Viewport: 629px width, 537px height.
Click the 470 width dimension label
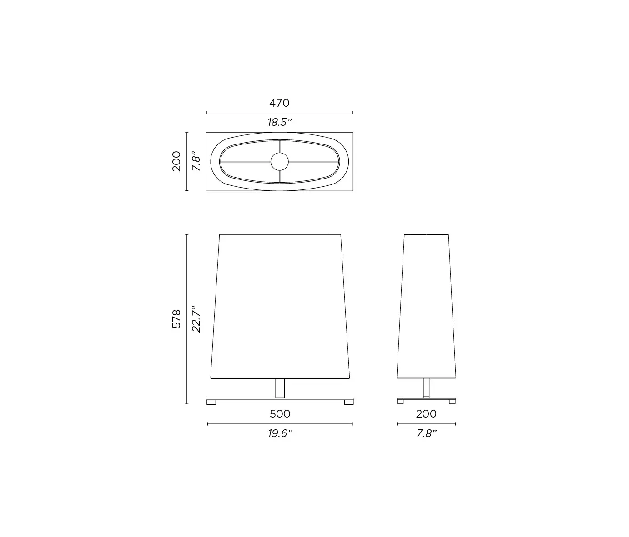[x=279, y=103]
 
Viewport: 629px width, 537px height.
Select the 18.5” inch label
[x=279, y=122]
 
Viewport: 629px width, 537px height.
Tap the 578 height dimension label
[x=176, y=318]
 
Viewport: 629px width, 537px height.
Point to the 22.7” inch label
[x=196, y=318]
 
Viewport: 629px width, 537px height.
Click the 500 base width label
[x=280, y=414]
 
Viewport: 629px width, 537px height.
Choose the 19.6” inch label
[x=280, y=433]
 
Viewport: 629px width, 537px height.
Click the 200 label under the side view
[x=426, y=414]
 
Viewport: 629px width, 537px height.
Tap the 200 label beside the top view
[x=176, y=161]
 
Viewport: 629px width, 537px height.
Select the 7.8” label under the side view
[x=426, y=433]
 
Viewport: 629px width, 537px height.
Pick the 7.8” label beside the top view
[x=196, y=161]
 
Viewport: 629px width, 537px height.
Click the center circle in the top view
[x=279, y=161]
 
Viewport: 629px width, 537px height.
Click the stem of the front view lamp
[x=280, y=388]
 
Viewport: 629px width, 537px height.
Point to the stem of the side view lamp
[x=426, y=388]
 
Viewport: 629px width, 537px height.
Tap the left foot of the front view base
[x=211, y=403]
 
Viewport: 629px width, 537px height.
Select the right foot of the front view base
[x=348, y=403]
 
